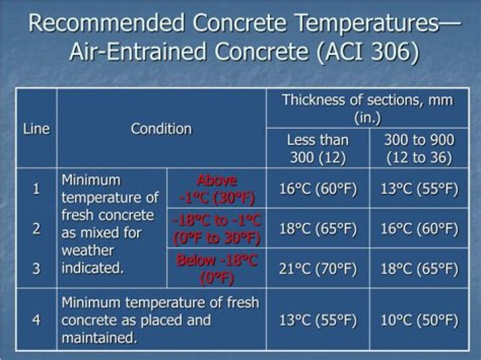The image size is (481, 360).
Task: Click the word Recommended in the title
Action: click(x=106, y=23)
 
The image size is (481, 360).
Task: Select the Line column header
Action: click(x=36, y=129)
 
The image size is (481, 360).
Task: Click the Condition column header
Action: click(x=162, y=129)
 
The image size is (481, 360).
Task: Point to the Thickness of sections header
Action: click(x=367, y=109)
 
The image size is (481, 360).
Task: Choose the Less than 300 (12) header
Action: click(x=318, y=149)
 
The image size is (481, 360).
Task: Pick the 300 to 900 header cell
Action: click(x=419, y=149)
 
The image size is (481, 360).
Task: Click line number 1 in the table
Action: click(x=37, y=188)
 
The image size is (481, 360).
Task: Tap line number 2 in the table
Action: click(x=37, y=228)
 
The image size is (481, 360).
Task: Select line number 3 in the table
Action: click(x=37, y=268)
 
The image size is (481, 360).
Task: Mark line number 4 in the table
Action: click(x=37, y=320)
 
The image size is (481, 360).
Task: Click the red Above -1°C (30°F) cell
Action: click(x=216, y=189)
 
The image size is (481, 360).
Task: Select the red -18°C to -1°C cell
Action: click(x=216, y=228)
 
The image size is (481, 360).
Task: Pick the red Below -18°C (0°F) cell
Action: click(x=216, y=269)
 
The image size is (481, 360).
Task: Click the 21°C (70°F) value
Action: click(x=318, y=269)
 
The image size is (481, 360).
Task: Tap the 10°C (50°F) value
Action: click(x=419, y=321)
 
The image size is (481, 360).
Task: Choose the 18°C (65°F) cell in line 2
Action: click(x=318, y=228)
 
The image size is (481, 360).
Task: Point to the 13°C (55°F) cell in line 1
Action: click(x=419, y=189)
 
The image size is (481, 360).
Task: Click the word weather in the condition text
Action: click(x=88, y=250)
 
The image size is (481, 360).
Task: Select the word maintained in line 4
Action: click(x=99, y=337)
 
